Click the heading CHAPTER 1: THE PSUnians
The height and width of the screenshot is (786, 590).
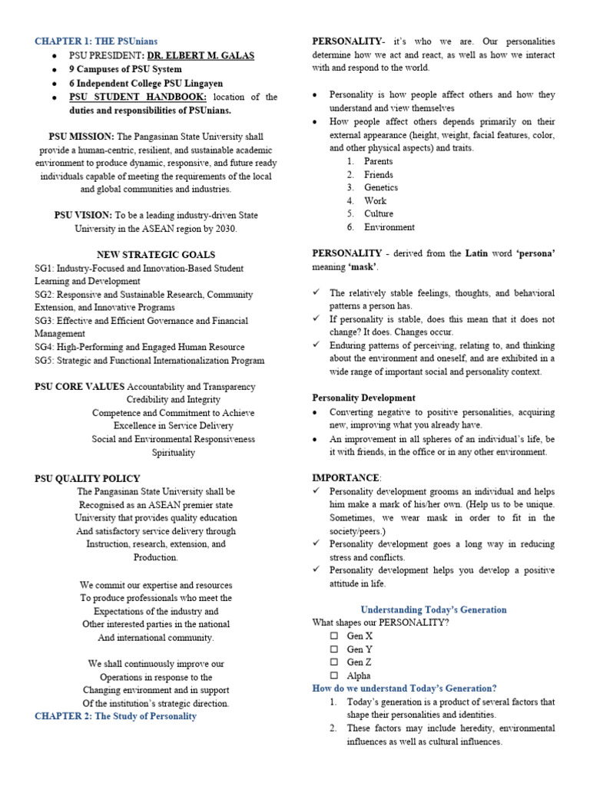click(96, 41)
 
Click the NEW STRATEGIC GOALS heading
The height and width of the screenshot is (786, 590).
click(156, 255)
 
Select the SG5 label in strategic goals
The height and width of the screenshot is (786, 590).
click(45, 360)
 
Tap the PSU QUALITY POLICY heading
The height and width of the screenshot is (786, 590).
click(88, 478)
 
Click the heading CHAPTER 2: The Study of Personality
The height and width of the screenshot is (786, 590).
click(115, 716)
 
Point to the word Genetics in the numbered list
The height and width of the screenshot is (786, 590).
click(381, 187)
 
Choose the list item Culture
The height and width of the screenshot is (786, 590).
click(379, 213)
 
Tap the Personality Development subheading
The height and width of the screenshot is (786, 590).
click(363, 398)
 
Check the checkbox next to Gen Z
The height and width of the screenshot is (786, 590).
click(333, 662)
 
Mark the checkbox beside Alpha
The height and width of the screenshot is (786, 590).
click(333, 675)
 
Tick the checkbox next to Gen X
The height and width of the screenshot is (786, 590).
click(333, 636)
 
